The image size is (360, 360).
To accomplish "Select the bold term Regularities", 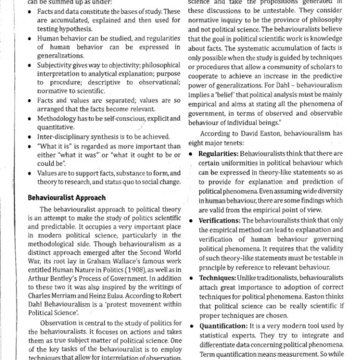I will pos(219,154).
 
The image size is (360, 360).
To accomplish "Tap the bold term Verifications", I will pos(220,220).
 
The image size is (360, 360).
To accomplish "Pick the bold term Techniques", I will pos(217,278).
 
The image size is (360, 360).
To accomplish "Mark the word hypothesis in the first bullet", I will pos(72,29).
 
